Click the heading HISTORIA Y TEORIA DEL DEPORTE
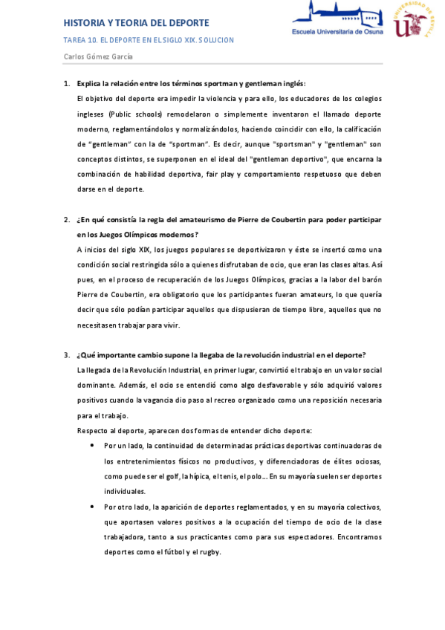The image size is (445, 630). [137, 23]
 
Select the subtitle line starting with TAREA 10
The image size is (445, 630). [149, 40]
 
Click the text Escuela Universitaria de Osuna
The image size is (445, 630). [337, 32]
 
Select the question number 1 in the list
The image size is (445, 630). [67, 83]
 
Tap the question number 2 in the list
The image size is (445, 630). [67, 221]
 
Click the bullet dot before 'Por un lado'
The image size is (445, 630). [91, 445]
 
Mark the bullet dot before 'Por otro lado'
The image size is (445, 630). [91, 507]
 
